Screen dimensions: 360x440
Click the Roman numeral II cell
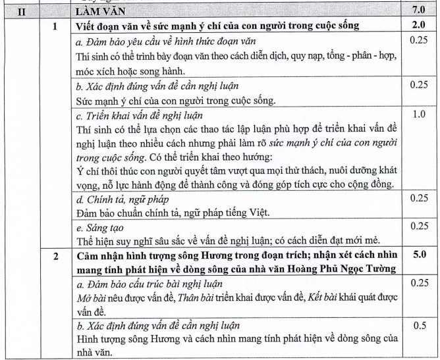click(x=20, y=11)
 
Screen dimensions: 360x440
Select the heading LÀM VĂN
click(x=98, y=11)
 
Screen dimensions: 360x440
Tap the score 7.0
click(x=419, y=11)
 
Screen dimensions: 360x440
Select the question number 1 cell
click(x=55, y=26)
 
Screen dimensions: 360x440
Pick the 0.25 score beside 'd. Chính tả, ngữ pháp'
click(x=419, y=198)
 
